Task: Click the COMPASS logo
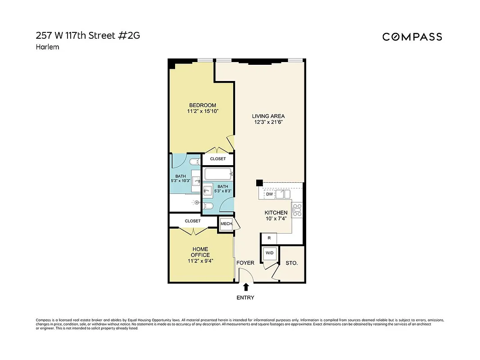click(x=412, y=37)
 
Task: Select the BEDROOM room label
click(x=202, y=105)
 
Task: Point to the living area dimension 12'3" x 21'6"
click(x=268, y=122)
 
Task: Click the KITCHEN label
click(x=276, y=212)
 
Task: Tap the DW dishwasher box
click(x=269, y=194)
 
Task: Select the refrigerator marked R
click(x=269, y=238)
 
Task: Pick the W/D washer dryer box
click(x=269, y=253)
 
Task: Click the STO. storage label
click(x=291, y=262)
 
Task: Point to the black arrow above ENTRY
click(x=246, y=287)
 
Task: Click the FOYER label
click(x=245, y=263)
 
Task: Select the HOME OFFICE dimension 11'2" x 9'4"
click(x=200, y=261)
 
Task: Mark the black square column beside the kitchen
click(x=259, y=183)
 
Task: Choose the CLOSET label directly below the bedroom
click(x=218, y=159)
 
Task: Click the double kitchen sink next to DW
click(x=283, y=194)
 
